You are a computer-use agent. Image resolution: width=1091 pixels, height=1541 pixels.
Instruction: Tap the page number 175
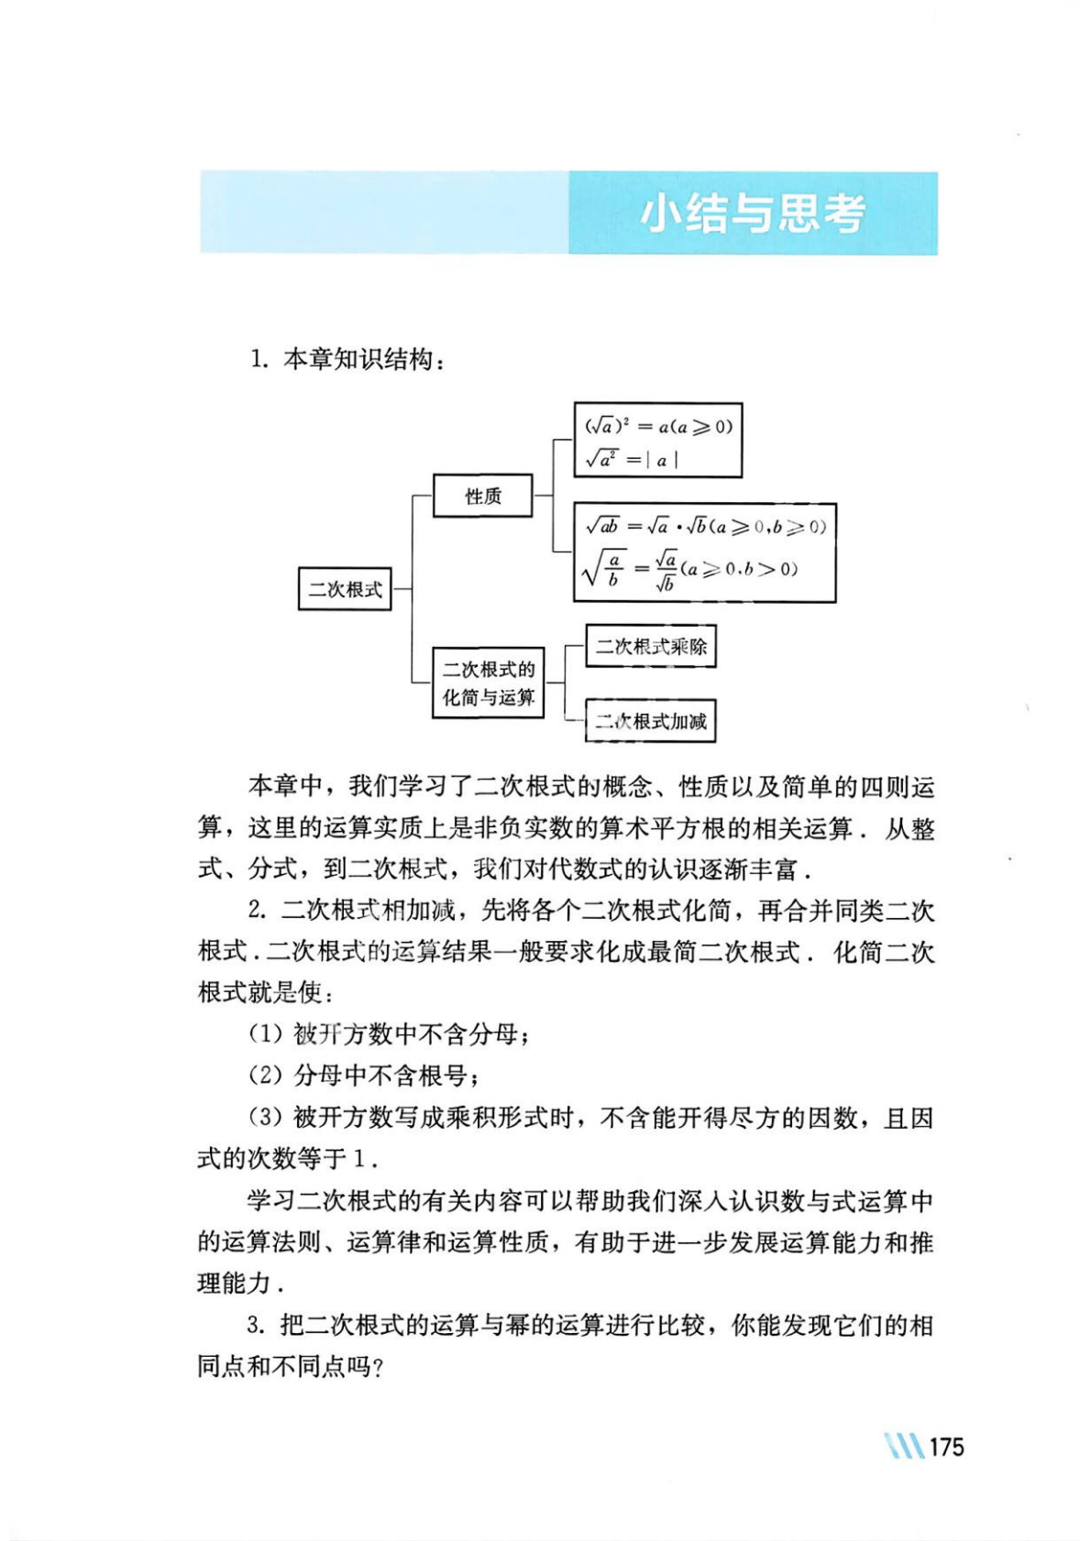(x=946, y=1447)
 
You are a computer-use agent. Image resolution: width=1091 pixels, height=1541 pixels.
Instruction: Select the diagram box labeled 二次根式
(x=345, y=589)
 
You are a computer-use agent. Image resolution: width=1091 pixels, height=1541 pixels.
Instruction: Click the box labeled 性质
(x=482, y=496)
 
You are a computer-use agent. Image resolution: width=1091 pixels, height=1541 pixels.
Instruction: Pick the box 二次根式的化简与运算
(x=488, y=683)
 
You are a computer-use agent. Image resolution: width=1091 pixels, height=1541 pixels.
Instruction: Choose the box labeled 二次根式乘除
(x=650, y=646)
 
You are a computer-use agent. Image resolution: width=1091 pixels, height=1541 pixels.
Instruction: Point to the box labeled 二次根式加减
(x=650, y=721)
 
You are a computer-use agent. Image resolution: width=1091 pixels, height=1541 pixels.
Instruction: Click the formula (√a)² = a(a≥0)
(x=658, y=426)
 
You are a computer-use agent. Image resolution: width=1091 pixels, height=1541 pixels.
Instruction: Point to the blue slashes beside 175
(x=904, y=1447)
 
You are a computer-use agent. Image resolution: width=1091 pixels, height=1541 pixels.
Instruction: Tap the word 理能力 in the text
(x=234, y=1284)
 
